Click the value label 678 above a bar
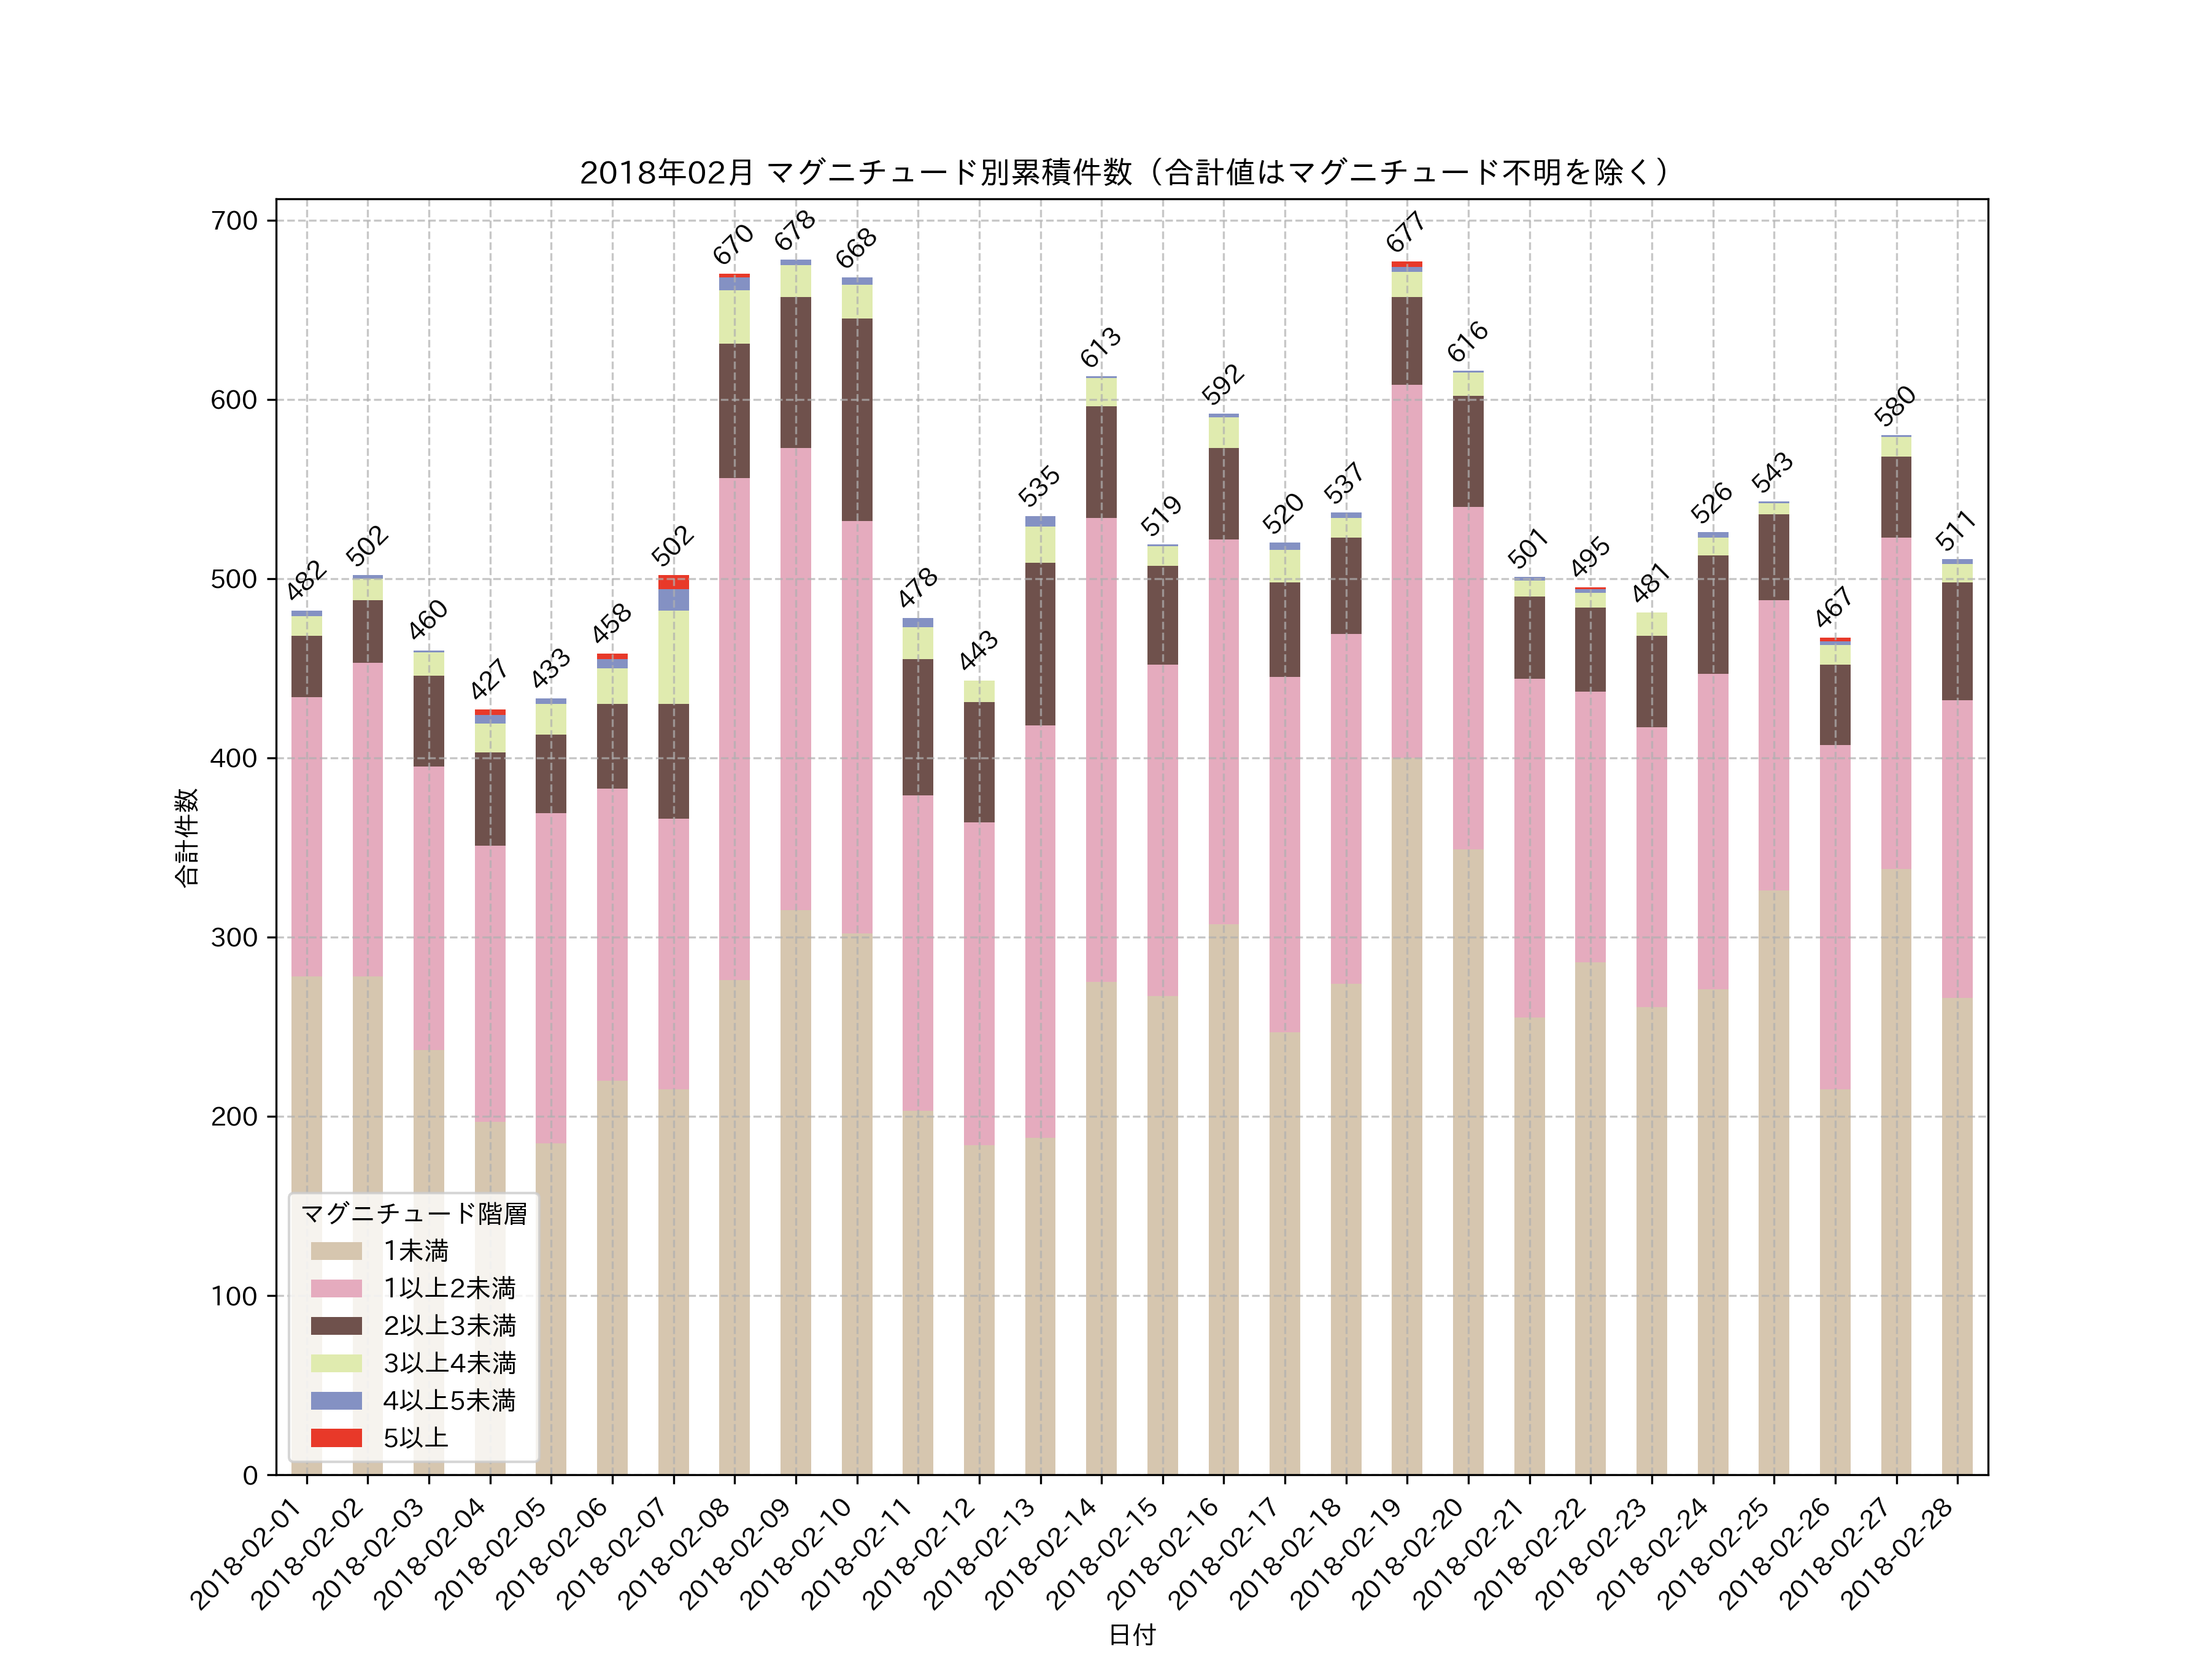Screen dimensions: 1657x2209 point(795,231)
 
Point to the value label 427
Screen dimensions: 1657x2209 point(489,679)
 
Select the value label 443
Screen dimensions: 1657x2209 point(979,650)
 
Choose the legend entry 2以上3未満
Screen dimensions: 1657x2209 point(449,1326)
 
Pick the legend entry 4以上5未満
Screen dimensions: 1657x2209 point(449,1400)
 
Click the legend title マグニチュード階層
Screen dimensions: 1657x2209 point(414,1213)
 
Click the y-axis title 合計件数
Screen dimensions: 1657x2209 point(187,837)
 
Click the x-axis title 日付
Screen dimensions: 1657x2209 point(1131,1635)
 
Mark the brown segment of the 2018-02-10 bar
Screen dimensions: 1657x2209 point(857,420)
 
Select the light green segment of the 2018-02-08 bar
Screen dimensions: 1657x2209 point(734,317)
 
